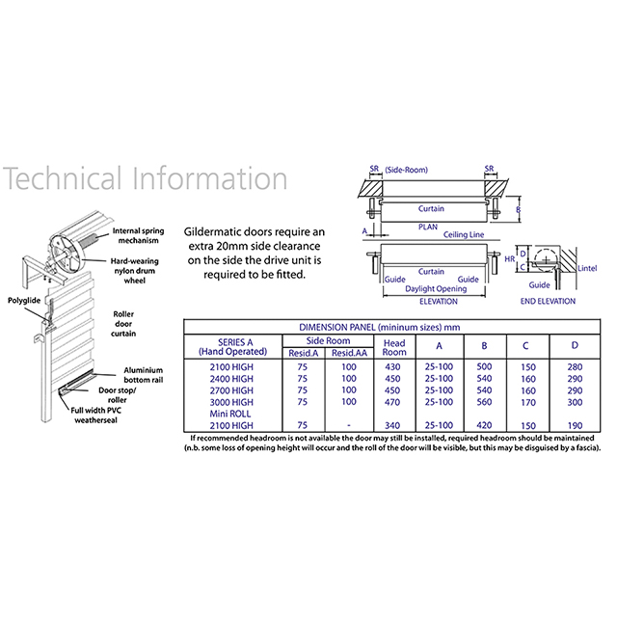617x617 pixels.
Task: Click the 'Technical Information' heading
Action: click(145, 178)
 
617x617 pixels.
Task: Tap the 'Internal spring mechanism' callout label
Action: click(138, 235)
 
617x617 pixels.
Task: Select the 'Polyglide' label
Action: click(24, 301)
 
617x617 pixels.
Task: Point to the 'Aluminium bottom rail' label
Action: click(144, 375)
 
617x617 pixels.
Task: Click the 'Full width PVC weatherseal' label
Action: click(96, 416)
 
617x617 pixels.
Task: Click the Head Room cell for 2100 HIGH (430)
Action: click(392, 367)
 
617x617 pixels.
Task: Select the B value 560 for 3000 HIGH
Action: click(484, 402)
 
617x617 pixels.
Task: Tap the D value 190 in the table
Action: click(575, 425)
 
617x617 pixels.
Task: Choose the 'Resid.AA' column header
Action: click(349, 353)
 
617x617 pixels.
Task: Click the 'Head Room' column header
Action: click(394, 348)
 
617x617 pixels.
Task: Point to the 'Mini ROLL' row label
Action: click(230, 414)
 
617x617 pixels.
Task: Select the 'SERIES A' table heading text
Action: click(235, 342)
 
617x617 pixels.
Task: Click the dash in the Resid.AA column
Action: click(349, 425)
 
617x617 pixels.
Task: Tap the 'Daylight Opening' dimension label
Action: click(436, 289)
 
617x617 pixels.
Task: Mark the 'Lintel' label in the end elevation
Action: click(587, 268)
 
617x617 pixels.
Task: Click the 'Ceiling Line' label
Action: click(464, 234)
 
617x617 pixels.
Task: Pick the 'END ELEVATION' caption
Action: click(548, 302)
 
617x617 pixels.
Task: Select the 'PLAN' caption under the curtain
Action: click(428, 228)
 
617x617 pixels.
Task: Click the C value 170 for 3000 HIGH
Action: click(528, 403)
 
